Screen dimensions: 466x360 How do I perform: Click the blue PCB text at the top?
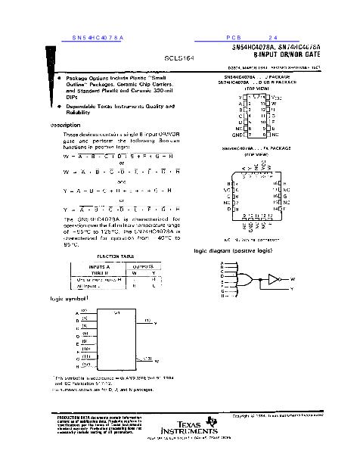[x=232, y=37]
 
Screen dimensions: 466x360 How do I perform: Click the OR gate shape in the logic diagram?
[x=247, y=278]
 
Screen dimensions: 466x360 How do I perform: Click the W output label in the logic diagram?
[x=292, y=278]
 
